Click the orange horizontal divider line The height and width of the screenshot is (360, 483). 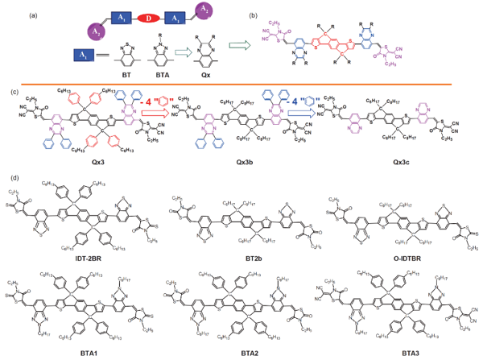tap(242, 83)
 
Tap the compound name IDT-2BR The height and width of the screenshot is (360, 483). tap(81, 256)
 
